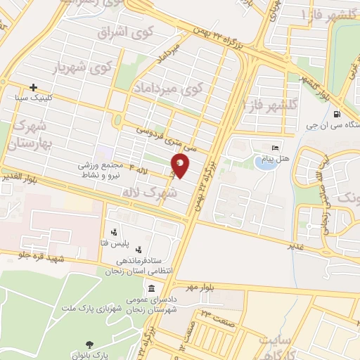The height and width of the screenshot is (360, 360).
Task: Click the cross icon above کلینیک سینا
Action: [33, 87]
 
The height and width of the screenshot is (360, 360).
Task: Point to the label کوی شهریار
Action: [82, 69]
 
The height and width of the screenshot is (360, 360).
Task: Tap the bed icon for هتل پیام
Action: [276, 147]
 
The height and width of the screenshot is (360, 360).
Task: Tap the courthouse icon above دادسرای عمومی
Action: [152, 289]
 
